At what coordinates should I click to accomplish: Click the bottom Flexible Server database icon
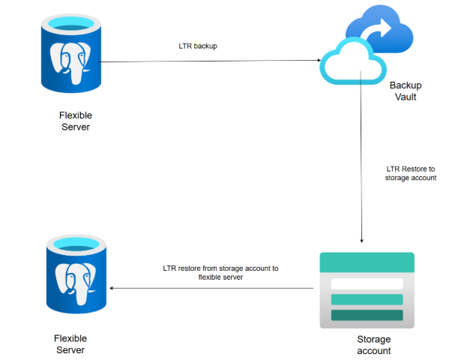[x=74, y=274]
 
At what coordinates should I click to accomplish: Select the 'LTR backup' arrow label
[x=198, y=46]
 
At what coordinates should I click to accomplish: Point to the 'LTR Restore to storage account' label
[x=410, y=173]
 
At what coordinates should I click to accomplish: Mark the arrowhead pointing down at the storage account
[x=362, y=241]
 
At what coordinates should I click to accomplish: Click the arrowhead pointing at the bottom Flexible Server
[x=113, y=288]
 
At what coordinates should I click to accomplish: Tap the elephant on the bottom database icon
[x=74, y=280]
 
